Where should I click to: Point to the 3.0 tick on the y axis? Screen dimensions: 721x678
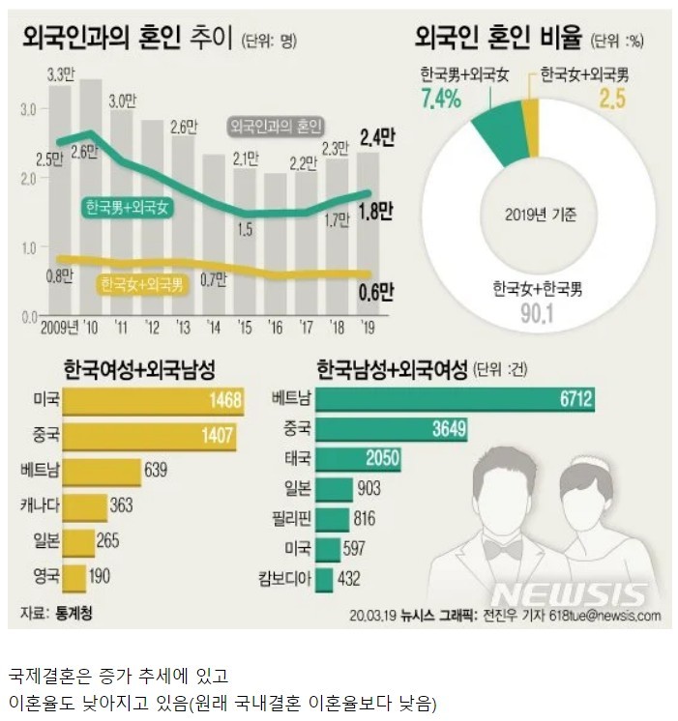[x=28, y=109]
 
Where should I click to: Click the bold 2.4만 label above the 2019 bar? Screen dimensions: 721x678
[x=375, y=137]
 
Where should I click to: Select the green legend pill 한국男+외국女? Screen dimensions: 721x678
[x=128, y=207]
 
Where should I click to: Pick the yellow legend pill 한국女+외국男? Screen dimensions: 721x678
[x=142, y=284]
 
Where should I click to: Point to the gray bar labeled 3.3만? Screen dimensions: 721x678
[x=60, y=193]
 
